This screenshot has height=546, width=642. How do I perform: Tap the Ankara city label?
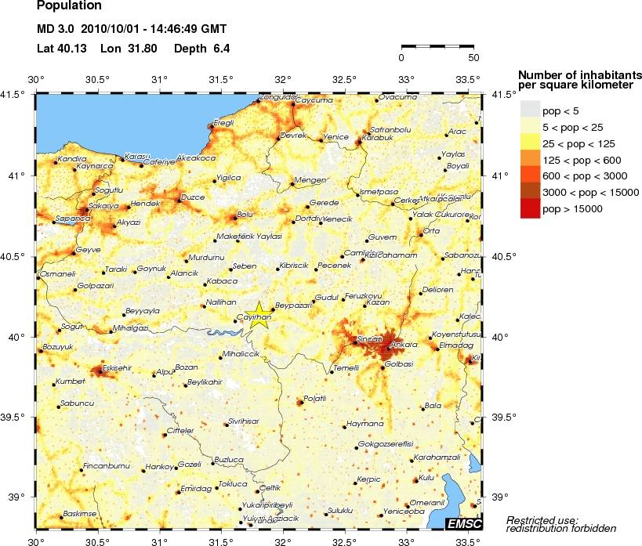(x=404, y=344)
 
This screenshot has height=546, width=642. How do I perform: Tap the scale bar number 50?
(x=473, y=57)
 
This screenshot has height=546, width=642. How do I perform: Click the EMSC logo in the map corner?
(x=463, y=523)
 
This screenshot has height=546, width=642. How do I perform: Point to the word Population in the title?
(x=69, y=6)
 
